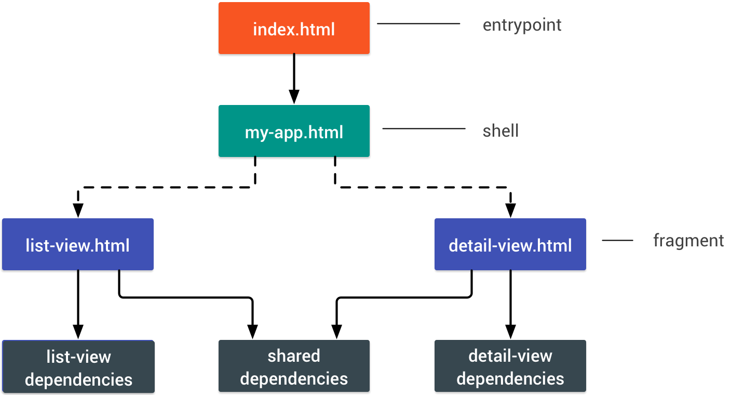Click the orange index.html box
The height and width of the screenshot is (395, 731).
click(x=294, y=28)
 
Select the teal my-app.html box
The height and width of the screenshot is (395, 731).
click(x=294, y=131)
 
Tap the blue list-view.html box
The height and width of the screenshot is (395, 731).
click(x=78, y=244)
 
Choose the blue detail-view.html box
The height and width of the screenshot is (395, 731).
click(x=510, y=244)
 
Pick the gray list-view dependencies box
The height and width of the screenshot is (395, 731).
click(x=78, y=366)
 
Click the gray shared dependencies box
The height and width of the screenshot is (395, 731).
click(x=294, y=366)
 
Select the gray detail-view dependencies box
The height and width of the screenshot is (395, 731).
click(x=510, y=366)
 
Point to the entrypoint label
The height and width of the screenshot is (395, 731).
click(x=522, y=24)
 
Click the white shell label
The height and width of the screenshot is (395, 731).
click(x=500, y=129)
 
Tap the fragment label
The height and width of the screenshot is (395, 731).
click(x=688, y=240)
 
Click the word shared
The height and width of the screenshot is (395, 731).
click(x=294, y=356)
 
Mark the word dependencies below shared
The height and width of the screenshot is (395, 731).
click(x=294, y=379)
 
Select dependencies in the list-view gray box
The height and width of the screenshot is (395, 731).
click(x=78, y=380)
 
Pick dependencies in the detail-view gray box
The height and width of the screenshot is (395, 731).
click(x=510, y=379)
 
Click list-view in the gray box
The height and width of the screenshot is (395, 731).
click(x=78, y=357)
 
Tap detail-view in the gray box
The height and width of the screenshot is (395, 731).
click(x=510, y=356)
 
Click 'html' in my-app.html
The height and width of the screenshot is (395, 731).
click(x=326, y=132)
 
